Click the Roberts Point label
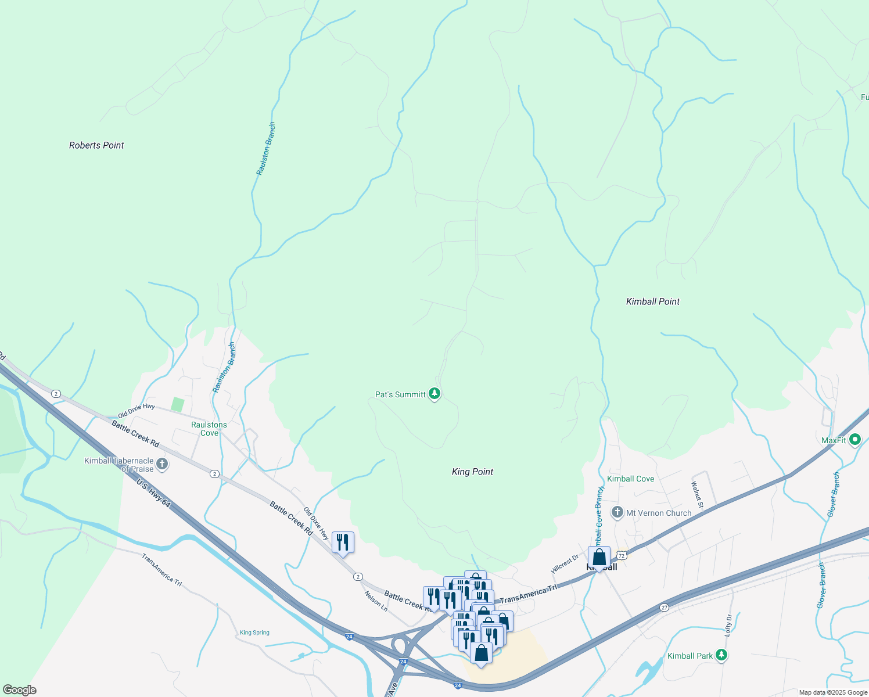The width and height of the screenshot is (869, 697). point(96,145)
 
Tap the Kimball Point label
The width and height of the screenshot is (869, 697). point(652,301)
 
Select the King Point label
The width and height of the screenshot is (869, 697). point(472,472)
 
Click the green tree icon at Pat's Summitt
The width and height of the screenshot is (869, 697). point(434,394)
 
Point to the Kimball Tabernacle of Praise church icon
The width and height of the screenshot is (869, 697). point(162,464)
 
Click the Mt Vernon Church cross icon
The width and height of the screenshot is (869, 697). point(617,513)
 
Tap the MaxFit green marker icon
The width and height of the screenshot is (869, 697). point(854,440)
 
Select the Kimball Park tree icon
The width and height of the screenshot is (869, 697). point(721,655)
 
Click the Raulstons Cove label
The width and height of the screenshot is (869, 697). point(209,429)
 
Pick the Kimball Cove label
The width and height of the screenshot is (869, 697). point(630,479)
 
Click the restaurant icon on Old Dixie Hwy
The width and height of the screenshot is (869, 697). point(342,542)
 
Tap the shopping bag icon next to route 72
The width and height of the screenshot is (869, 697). point(599,558)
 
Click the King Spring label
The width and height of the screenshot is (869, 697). point(254,633)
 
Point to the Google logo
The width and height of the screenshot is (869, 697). point(19,690)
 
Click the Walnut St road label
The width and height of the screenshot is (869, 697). point(698,495)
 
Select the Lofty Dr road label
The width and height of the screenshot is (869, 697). point(728,626)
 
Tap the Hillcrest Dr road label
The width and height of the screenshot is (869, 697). point(565,564)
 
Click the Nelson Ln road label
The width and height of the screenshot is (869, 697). point(376,601)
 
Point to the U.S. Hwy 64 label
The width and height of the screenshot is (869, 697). point(153,493)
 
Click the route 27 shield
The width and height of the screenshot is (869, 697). point(664,608)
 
